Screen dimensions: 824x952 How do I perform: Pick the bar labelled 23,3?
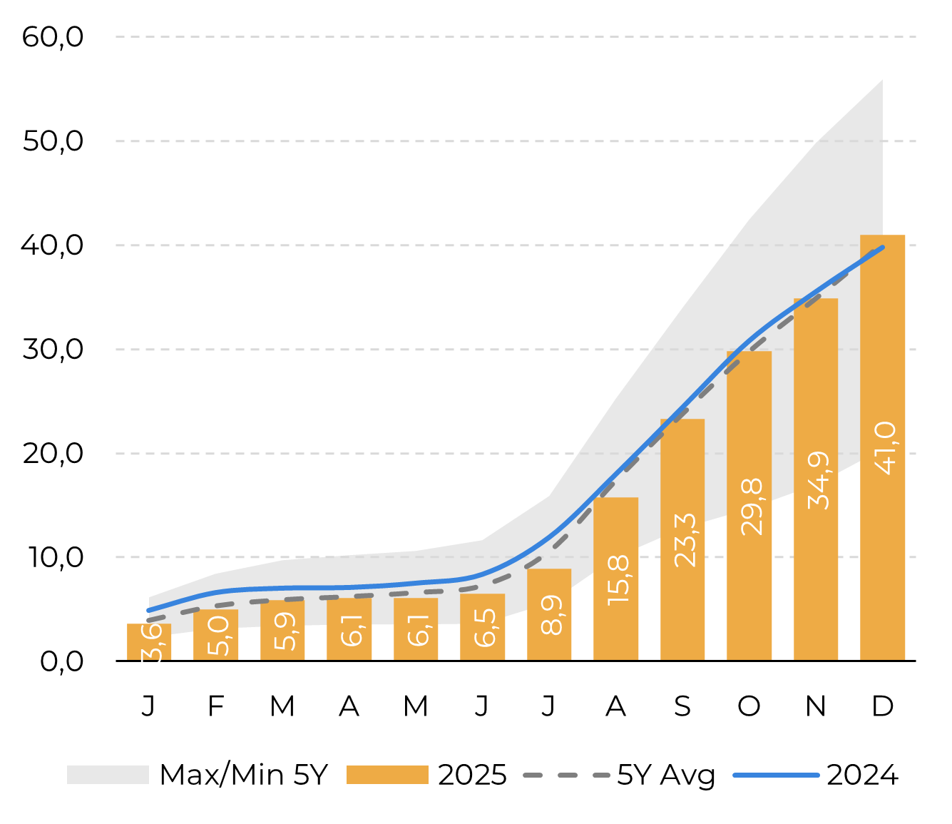pyautogui.click(x=682, y=539)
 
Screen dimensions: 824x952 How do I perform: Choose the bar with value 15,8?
pyautogui.click(x=615, y=579)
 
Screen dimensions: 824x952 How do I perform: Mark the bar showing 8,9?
pyautogui.click(x=549, y=614)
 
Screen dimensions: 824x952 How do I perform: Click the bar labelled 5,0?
pyautogui.click(x=215, y=635)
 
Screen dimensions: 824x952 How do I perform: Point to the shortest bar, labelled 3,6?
pyautogui.click(x=149, y=642)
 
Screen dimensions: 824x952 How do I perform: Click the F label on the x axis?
pyautogui.click(x=215, y=706)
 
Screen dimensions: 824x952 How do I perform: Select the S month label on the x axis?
pyautogui.click(x=682, y=706)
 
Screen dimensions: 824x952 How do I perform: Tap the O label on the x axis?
pyautogui.click(x=749, y=706)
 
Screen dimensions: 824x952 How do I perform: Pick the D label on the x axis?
pyautogui.click(x=882, y=706)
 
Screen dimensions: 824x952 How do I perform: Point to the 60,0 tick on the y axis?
pyautogui.click(x=53, y=37)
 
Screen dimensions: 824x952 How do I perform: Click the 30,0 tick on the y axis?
pyautogui.click(x=53, y=350)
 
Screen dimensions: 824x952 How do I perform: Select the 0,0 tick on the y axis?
pyautogui.click(x=61, y=661)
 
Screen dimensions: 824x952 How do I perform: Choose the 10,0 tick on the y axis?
pyautogui.click(x=56, y=557)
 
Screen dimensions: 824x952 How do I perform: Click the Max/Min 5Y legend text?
pyautogui.click(x=243, y=775)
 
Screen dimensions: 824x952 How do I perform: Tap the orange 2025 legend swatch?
pyautogui.click(x=387, y=775)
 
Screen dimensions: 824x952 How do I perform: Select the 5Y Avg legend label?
pyautogui.click(x=666, y=775)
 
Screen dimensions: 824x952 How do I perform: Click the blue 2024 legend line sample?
pyautogui.click(x=777, y=775)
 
